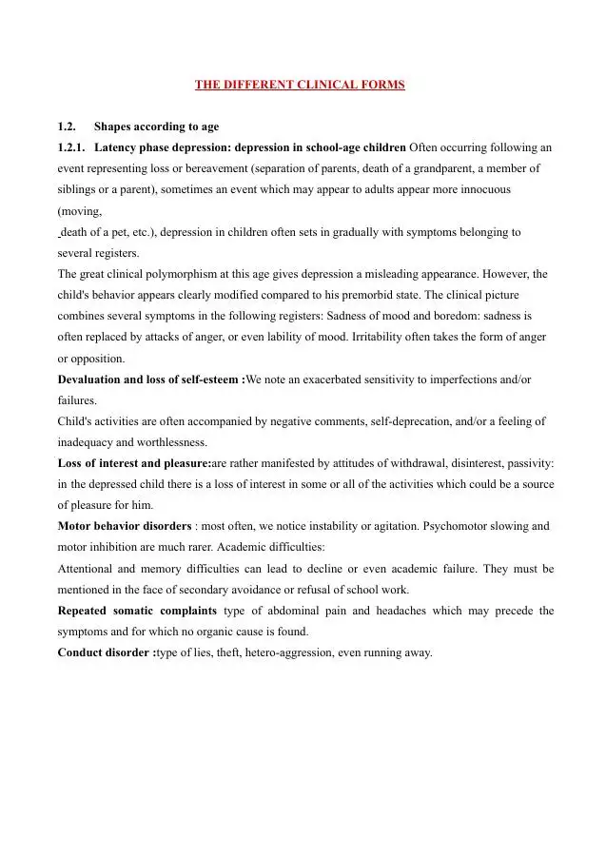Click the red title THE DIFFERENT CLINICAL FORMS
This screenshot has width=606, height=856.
tap(300, 85)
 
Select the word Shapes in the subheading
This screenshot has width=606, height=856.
tap(113, 126)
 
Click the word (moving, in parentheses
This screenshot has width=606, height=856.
tap(80, 211)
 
